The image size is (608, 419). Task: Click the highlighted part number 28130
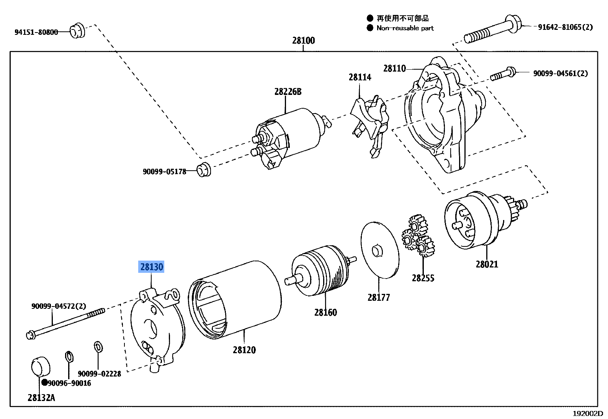[x=152, y=267]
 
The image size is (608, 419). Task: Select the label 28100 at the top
[x=303, y=41]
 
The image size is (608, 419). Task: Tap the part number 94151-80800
[x=36, y=32]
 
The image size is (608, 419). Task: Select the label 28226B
[x=288, y=92]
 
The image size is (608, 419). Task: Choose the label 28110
[x=394, y=68]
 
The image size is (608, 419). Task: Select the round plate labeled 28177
[x=379, y=249]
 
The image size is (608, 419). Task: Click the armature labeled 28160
[x=320, y=271]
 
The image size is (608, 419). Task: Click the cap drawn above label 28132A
[x=40, y=367]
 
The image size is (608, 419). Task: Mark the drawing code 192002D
[x=587, y=414]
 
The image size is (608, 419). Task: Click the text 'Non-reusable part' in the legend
[x=405, y=28]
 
